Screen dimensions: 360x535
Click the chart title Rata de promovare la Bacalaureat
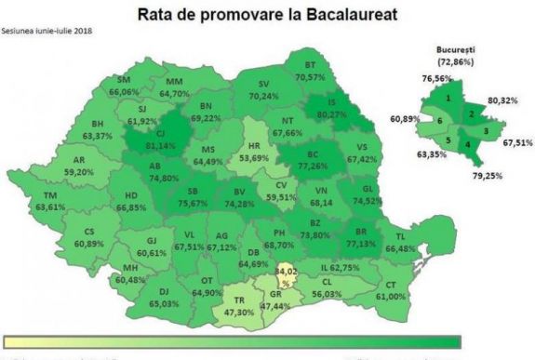[268, 16]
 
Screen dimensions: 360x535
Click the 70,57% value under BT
[310, 77]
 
